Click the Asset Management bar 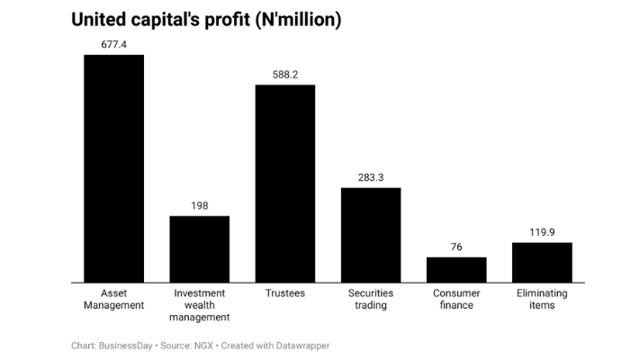pos(113,168)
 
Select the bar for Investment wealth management pos(199,249)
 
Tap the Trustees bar pos(285,184)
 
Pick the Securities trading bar pos(370,235)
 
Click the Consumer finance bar pos(456,270)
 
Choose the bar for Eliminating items pos(542,263)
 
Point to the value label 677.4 pos(113,43)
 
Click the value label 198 pos(199,205)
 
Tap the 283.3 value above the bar pos(370,177)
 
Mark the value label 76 pos(456,247)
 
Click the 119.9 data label pos(542,232)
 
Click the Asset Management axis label pos(113,299)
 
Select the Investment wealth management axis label pos(199,305)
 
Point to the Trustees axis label pos(285,293)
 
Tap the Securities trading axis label pos(370,299)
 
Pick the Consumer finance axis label pos(456,299)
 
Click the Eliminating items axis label pos(542,299)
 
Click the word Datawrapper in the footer pos(301,345)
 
